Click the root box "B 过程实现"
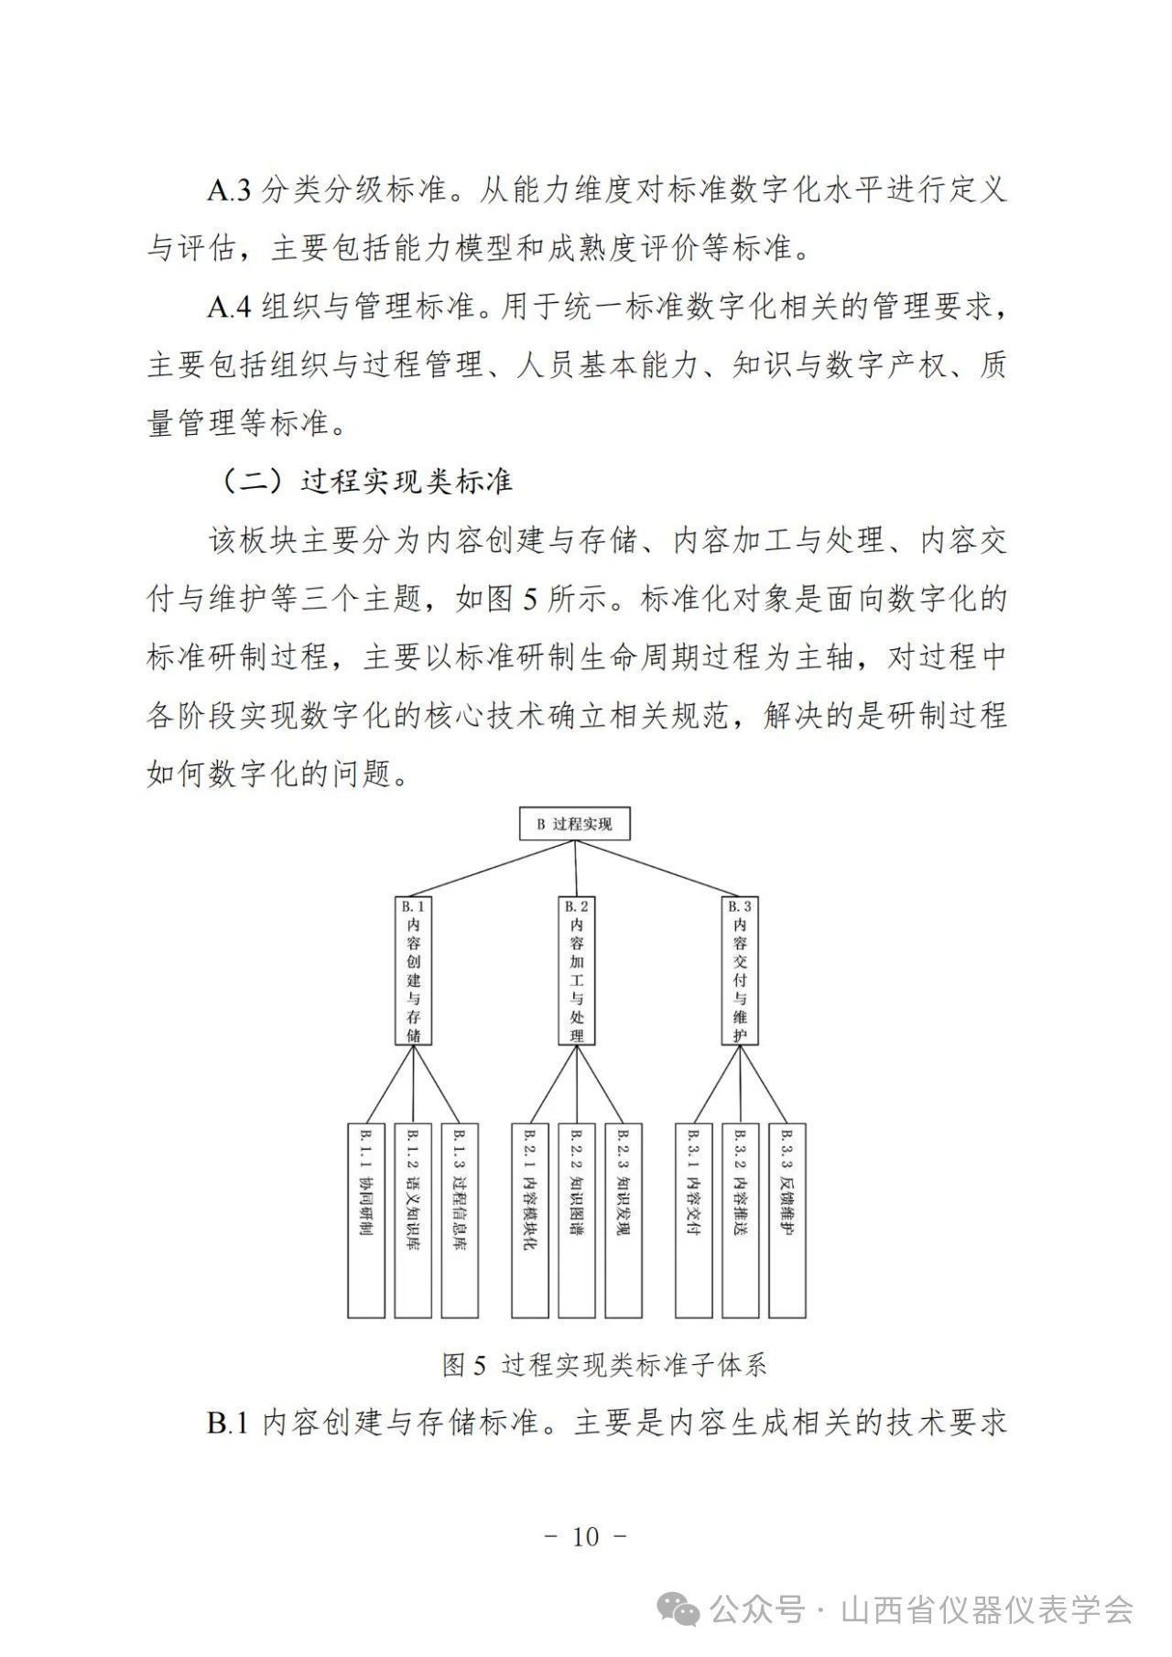point(575,824)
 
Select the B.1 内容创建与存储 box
point(413,969)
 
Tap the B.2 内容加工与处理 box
point(576,969)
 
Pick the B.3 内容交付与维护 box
point(740,969)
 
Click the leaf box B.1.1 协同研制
point(366,1220)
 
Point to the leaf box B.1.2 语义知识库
point(413,1220)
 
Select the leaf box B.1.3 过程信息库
point(460,1220)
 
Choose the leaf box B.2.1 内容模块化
point(529,1220)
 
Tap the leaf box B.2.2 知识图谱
point(576,1220)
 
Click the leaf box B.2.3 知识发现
point(623,1220)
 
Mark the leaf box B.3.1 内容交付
point(693,1220)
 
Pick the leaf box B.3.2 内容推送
point(740,1220)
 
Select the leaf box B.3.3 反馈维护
point(787,1220)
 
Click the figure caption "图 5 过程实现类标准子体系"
point(604,1366)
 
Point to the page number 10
point(585,1537)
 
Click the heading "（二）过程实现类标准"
point(367,482)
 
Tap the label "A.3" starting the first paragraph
point(229,190)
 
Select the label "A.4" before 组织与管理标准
point(229,307)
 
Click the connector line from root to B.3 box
point(658,868)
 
